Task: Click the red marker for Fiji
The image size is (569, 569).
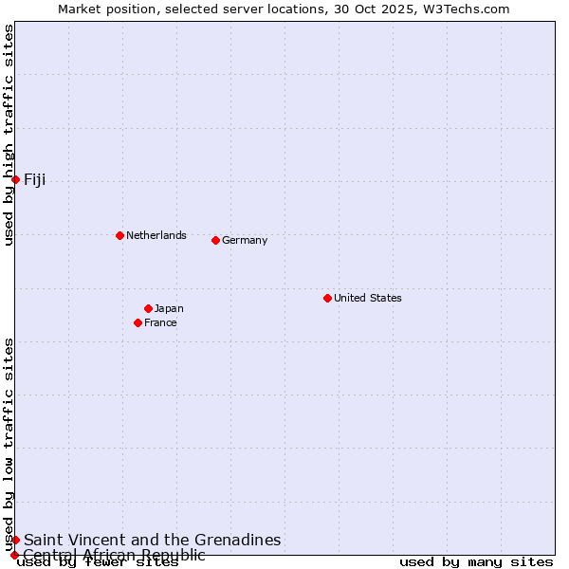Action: click(x=15, y=179)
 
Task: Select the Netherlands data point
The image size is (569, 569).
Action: click(x=119, y=235)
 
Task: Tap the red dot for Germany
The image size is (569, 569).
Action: click(x=215, y=240)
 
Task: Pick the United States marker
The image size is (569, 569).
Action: click(x=327, y=298)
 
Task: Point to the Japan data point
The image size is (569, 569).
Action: click(x=148, y=308)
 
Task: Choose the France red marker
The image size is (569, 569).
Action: click(x=138, y=322)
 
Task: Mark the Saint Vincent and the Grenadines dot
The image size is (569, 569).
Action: click(x=15, y=540)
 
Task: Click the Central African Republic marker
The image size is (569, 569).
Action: click(x=14, y=555)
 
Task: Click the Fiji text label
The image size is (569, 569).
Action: click(x=35, y=180)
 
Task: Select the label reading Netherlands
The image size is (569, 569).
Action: click(x=156, y=235)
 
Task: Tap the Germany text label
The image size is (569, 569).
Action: click(x=245, y=240)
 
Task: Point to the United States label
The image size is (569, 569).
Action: click(x=368, y=298)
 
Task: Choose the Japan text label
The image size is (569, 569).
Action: click(x=169, y=308)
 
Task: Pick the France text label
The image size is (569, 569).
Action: click(x=160, y=322)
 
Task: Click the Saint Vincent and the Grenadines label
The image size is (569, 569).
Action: click(x=153, y=540)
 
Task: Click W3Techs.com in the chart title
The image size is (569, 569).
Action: click(x=468, y=9)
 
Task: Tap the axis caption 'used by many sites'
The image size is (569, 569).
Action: click(x=476, y=562)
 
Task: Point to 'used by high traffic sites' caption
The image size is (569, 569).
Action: click(x=9, y=135)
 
